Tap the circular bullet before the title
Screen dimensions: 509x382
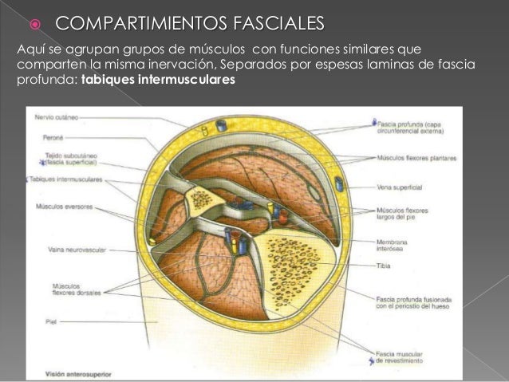click(x=35, y=20)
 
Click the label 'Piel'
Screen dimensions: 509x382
click(x=40, y=322)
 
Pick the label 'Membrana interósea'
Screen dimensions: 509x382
click(x=396, y=245)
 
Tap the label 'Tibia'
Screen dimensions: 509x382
click(x=384, y=267)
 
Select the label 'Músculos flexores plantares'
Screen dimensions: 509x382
click(x=416, y=158)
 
